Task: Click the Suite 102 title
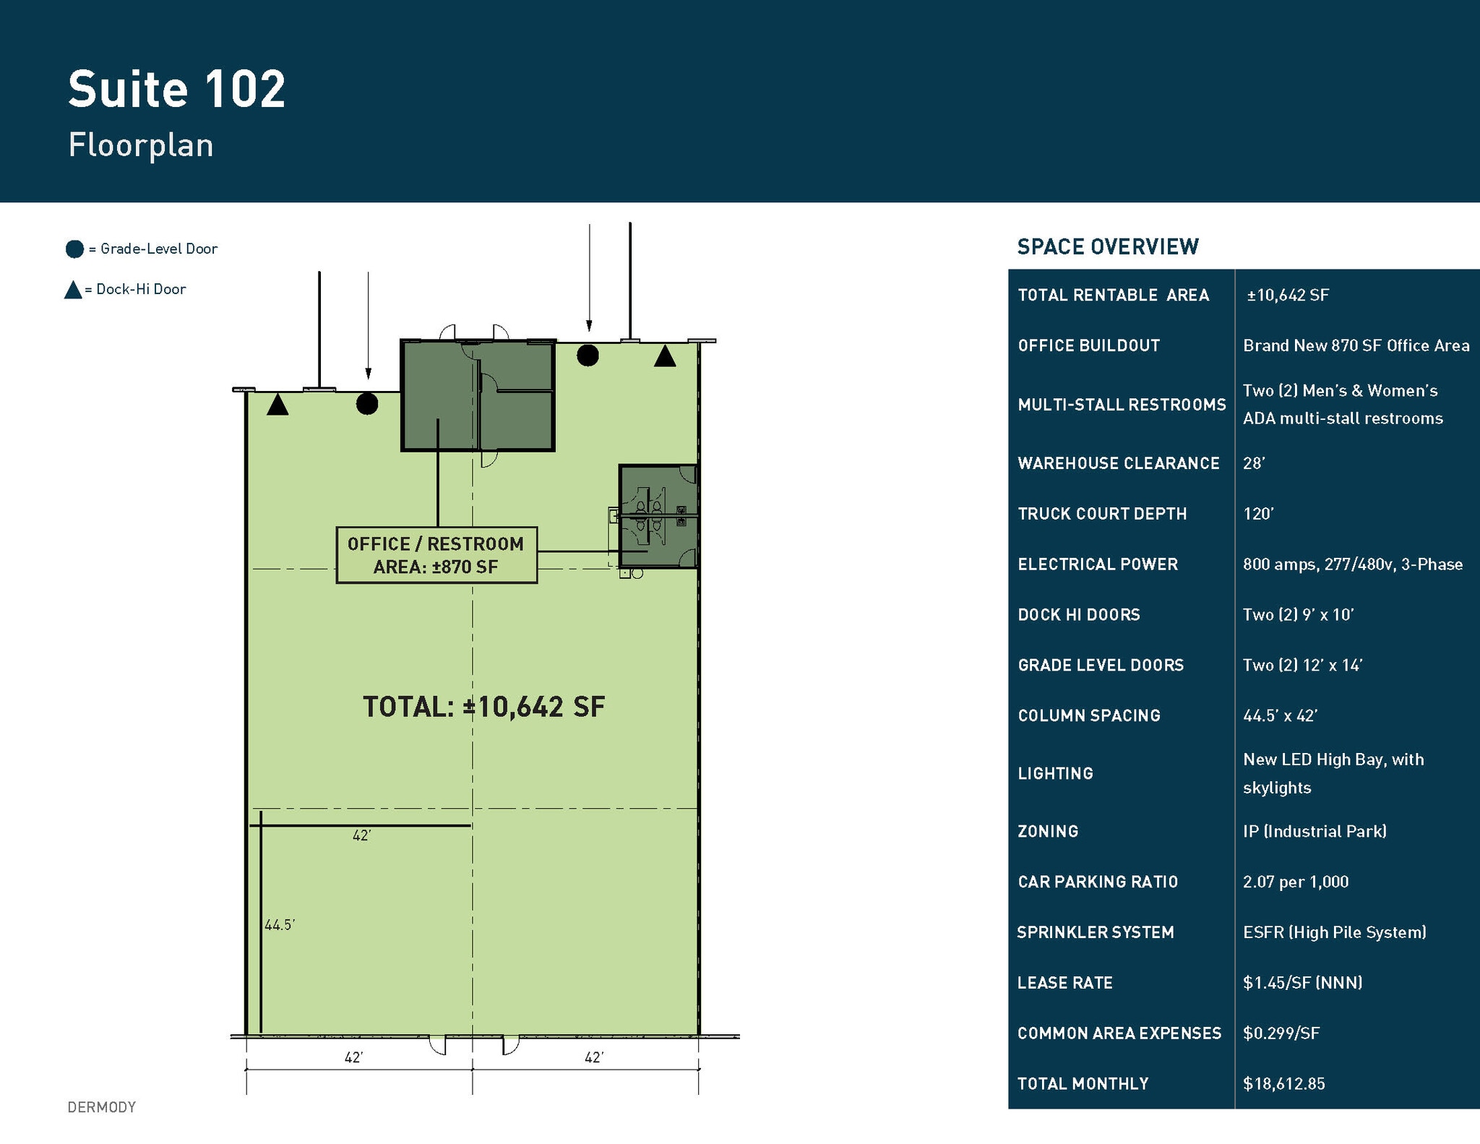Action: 176,90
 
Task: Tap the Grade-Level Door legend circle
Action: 74,249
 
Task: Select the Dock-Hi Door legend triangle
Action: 73,291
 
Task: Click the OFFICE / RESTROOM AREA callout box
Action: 436,555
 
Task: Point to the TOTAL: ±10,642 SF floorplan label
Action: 483,707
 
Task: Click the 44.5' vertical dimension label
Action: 280,925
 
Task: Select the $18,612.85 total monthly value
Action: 1283,1083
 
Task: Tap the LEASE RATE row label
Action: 1064,983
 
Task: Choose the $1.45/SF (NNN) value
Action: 1302,983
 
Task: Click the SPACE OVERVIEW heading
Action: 1107,247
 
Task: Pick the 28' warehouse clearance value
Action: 1254,463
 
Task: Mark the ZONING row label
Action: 1047,831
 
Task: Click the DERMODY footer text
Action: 101,1107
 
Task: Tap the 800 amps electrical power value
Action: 1352,564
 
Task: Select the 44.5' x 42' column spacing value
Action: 1280,715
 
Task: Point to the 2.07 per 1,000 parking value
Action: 1295,882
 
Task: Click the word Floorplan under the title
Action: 141,145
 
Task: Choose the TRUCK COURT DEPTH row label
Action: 1101,514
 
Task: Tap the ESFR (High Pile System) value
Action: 1334,932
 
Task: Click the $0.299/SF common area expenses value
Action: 1281,1033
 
